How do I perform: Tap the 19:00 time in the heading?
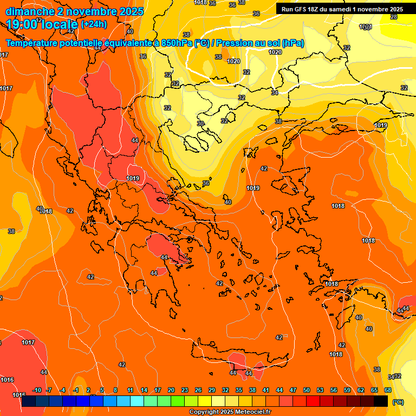coord(22,24)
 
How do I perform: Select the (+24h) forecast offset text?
coord(93,24)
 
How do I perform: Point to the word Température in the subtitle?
coord(32,43)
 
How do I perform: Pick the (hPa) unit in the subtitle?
coord(293,43)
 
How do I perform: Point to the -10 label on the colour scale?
coord(37,390)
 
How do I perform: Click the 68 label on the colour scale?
coord(388,390)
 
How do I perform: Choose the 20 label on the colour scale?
coord(171,390)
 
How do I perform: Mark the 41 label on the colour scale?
coord(266,390)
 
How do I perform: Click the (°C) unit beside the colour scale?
coord(398,402)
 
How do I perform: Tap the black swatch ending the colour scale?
coord(381,401)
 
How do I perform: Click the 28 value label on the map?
coord(394,17)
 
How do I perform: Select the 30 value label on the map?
coord(200,123)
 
